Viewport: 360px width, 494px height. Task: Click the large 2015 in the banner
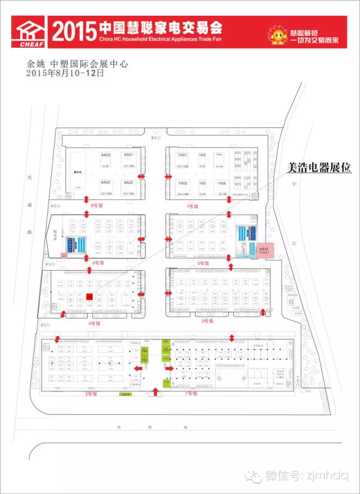pos(73,32)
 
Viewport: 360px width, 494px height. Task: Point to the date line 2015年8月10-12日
pos(65,73)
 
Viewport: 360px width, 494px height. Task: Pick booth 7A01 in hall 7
pos(182,157)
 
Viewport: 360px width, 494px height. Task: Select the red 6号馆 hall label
pos(98,263)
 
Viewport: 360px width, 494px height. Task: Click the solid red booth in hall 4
pos(89,296)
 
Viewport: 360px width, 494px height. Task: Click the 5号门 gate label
pos(156,137)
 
